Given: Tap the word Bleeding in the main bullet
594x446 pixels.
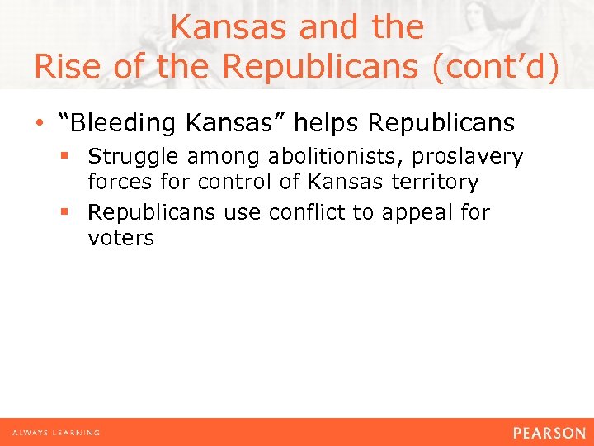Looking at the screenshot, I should click(x=120, y=124).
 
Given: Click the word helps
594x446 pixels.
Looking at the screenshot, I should click(x=329, y=124).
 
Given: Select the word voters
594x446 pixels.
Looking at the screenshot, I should click(x=120, y=239).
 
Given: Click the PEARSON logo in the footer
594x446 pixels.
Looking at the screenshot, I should click(x=549, y=433).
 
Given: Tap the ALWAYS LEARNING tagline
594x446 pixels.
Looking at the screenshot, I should click(x=56, y=433).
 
